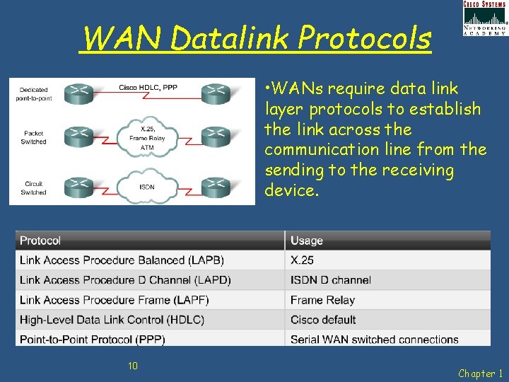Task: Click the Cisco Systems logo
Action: (485, 18)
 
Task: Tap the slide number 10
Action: (132, 365)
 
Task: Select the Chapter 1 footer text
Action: (481, 373)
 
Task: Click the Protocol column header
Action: (40, 241)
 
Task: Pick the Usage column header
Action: (307, 241)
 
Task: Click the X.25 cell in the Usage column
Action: (302, 260)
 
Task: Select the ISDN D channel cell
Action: (330, 280)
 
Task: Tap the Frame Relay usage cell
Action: (322, 300)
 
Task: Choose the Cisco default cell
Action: (323, 320)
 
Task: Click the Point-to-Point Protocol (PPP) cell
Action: (93, 340)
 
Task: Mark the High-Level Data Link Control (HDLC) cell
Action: (112, 320)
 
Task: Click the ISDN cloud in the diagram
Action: (147, 187)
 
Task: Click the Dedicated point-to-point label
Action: (34, 93)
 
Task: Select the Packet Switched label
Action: (34, 137)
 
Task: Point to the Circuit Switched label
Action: (34, 187)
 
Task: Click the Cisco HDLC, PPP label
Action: (148, 87)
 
